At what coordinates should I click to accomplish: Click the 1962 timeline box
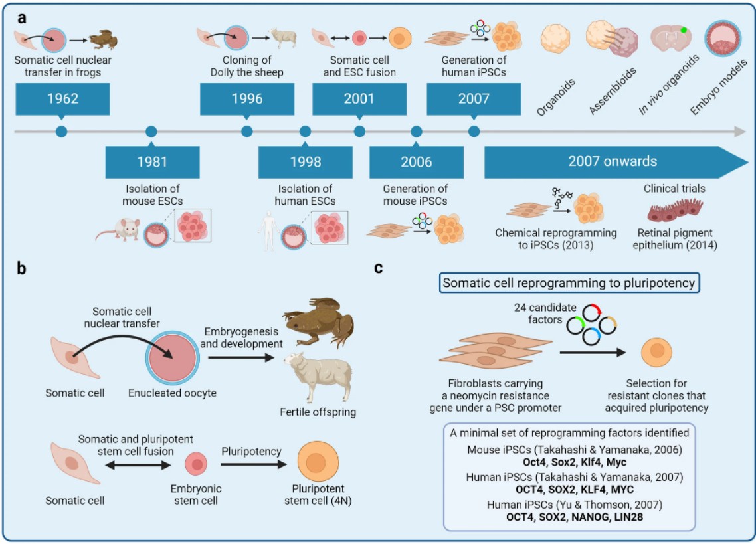pos(63,99)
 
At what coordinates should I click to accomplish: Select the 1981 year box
pos(152,161)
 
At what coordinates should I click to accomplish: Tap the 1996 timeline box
pos(246,99)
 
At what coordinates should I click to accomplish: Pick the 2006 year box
pos(416,161)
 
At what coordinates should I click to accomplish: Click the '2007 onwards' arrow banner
pos(611,161)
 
